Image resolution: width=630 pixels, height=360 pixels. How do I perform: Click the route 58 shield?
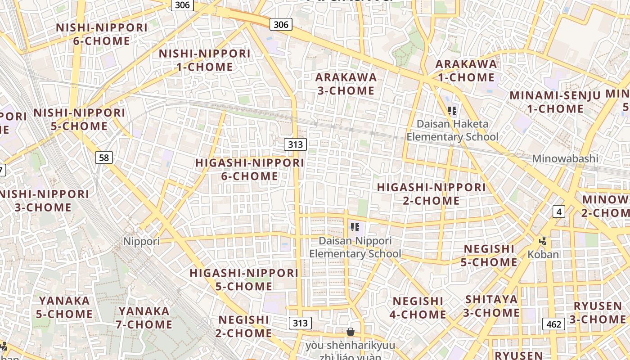click(x=104, y=157)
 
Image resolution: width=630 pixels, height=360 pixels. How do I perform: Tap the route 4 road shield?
click(x=559, y=211)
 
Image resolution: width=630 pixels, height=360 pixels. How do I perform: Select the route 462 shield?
click(x=553, y=324)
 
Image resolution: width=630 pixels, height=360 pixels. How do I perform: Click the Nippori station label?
click(x=141, y=241)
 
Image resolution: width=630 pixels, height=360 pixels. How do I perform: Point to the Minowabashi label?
click(x=565, y=158)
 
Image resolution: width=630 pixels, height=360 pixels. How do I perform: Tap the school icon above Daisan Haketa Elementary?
click(x=452, y=110)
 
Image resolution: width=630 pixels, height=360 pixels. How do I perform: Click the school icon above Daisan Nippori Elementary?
click(x=355, y=227)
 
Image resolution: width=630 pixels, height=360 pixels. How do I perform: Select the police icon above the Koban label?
click(x=543, y=241)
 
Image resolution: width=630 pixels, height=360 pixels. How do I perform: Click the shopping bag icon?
click(x=351, y=332)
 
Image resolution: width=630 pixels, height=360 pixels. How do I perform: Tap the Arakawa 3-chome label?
click(x=346, y=84)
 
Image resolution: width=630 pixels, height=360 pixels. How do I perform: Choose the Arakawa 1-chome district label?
click(x=466, y=71)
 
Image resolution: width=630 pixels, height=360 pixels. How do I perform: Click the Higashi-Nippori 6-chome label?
click(x=250, y=169)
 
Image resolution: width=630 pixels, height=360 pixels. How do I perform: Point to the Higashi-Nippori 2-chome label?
click(x=432, y=194)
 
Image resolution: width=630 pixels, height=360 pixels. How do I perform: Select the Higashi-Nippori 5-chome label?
click(x=244, y=279)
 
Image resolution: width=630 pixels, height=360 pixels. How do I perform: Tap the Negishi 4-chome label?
click(x=418, y=308)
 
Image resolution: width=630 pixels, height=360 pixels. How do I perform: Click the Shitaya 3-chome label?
click(x=492, y=306)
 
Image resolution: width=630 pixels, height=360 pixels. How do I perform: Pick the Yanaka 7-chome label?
click(x=144, y=318)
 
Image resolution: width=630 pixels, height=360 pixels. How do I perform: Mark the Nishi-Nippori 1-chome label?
click(x=205, y=60)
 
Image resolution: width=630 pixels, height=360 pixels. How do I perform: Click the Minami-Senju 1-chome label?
click(x=555, y=102)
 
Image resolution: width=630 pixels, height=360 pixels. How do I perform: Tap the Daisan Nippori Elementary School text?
click(x=355, y=247)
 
